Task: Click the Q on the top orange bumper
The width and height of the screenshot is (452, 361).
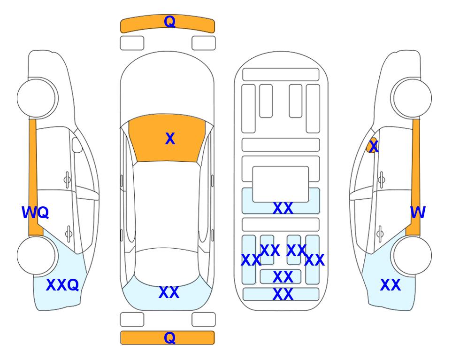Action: [x=169, y=22]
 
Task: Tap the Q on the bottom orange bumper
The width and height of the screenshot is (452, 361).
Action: [x=169, y=337]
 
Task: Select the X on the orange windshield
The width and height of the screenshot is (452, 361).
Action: [x=170, y=139]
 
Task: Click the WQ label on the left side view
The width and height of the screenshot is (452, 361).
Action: [x=35, y=212]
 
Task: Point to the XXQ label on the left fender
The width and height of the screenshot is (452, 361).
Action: [x=62, y=285]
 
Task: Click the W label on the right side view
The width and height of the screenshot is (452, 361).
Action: [x=418, y=212]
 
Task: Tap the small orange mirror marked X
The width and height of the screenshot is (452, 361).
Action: [x=372, y=145]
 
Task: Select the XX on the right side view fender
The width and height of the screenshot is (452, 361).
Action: [x=391, y=285]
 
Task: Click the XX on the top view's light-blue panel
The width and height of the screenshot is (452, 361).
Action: [x=169, y=292]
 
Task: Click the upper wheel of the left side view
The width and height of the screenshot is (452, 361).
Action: [x=37, y=98]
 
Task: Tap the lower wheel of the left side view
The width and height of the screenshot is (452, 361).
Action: [x=37, y=255]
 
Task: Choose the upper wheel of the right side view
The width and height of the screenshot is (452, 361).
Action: [x=411, y=98]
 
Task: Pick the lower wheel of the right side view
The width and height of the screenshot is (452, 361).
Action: [x=411, y=255]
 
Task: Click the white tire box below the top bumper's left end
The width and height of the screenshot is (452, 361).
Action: [x=132, y=43]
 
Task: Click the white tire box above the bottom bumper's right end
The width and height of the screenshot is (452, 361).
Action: [x=204, y=320]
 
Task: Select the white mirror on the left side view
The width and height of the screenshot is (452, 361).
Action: [x=77, y=145]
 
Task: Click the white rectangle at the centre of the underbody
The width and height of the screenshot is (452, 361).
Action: [x=281, y=184]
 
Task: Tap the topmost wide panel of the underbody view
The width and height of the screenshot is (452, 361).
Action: [x=281, y=75]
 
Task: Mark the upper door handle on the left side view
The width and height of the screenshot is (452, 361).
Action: [x=67, y=180]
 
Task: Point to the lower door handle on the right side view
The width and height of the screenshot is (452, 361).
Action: [x=380, y=234]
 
